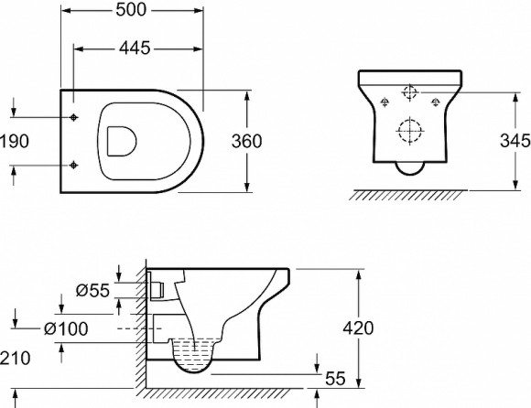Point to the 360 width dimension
coord(246,142)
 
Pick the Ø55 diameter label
coord(93,290)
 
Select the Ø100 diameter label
coord(67,327)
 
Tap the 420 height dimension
coord(373,327)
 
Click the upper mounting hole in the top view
coord(74,117)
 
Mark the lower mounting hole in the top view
coord(74,166)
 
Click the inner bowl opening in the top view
coord(120,141)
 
